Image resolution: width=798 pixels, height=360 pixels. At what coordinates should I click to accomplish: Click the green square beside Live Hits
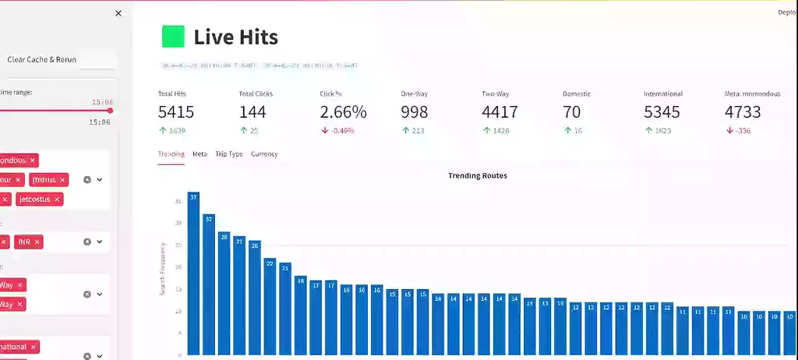pyautogui.click(x=173, y=37)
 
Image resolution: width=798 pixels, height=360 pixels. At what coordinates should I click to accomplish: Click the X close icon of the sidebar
pyautogui.click(x=118, y=13)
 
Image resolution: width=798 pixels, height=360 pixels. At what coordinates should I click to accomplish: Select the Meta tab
pyautogui.click(x=200, y=154)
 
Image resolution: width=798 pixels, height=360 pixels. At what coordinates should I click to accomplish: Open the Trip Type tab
pyautogui.click(x=229, y=154)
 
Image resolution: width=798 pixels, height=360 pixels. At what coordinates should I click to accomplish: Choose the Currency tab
pyautogui.click(x=264, y=154)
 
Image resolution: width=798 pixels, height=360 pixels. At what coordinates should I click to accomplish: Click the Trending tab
pyautogui.click(x=171, y=154)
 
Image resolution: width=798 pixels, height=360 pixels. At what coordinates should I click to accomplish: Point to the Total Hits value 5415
pyautogui.click(x=176, y=112)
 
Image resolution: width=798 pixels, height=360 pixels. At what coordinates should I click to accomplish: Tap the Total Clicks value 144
pyautogui.click(x=252, y=112)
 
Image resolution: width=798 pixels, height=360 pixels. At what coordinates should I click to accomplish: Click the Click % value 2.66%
pyautogui.click(x=343, y=112)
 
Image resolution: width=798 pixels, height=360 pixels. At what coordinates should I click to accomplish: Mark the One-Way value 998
pyautogui.click(x=415, y=112)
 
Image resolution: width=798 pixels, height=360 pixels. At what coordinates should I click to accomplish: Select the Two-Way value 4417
pyautogui.click(x=500, y=112)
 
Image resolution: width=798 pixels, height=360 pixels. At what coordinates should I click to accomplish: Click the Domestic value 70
pyautogui.click(x=572, y=112)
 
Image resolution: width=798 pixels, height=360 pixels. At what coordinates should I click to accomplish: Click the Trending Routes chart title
pyautogui.click(x=477, y=176)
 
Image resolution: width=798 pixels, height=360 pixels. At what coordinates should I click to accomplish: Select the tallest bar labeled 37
pyautogui.click(x=193, y=273)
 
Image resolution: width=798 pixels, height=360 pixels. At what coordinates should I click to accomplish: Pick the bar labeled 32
pyautogui.click(x=209, y=284)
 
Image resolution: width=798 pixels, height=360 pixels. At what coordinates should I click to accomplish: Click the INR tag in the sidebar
pyautogui.click(x=25, y=242)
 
